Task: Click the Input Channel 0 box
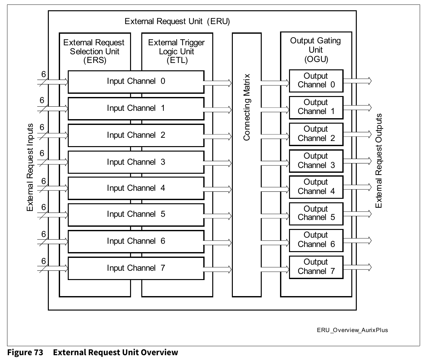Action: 136,82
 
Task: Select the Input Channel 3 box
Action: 136,162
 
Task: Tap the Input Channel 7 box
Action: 136,268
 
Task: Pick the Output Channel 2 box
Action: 316,134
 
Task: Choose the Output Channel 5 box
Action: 316,213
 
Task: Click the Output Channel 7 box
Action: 316,267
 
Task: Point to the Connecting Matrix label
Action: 247,107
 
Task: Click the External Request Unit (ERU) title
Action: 177,22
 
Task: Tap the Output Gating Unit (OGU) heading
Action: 315,50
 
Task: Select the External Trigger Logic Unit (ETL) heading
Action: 176,51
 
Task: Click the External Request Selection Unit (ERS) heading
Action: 94,51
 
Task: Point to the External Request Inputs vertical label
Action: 30,167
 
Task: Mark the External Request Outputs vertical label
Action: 379,161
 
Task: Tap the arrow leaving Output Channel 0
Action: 357,81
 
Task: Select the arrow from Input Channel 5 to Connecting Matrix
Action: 218,216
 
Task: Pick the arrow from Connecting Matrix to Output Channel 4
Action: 275,189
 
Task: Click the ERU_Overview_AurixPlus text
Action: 352,330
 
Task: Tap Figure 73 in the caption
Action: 25,353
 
